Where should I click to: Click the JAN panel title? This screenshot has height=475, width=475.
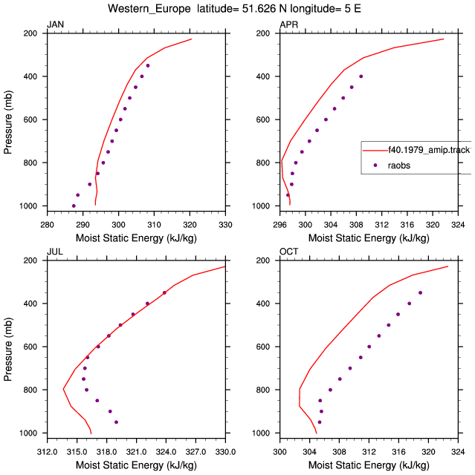[56, 24]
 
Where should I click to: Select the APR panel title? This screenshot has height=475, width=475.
[288, 24]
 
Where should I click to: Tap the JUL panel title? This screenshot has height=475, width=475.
[55, 252]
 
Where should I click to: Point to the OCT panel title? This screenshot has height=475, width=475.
[288, 252]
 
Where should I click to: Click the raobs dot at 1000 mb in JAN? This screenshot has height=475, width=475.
[74, 206]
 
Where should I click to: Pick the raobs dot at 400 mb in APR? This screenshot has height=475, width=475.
[361, 76]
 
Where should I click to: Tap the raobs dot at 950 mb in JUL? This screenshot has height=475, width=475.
[116, 422]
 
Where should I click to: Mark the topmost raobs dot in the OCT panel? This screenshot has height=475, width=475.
[421, 292]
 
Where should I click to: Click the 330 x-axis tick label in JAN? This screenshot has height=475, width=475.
[225, 225]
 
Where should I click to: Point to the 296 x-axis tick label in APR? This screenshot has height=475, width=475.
[279, 225]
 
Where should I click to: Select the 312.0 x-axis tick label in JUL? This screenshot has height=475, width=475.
[48, 452]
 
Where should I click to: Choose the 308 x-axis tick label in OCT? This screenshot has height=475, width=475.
[339, 452]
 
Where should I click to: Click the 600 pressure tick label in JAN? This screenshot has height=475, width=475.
[30, 119]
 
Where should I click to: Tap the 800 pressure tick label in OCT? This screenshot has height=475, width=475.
[263, 390]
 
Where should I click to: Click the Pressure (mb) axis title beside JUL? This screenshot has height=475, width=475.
[8, 350]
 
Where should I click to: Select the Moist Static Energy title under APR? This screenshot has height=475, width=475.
[369, 238]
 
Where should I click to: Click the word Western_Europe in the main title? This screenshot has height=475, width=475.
[149, 8]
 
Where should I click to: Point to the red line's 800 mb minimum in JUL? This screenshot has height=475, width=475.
[63, 389]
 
